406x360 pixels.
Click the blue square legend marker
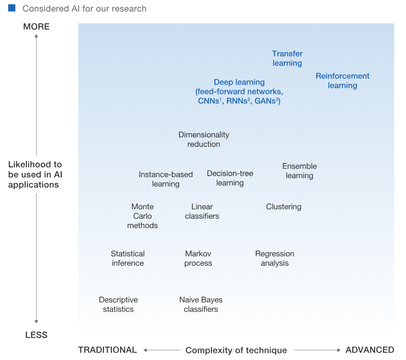click(12, 8)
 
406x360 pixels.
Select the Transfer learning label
click(287, 59)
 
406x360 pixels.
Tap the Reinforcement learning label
click(342, 80)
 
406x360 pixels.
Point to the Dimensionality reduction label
click(204, 139)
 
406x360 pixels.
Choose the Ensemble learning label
click(299, 170)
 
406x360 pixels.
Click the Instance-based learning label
click(166, 179)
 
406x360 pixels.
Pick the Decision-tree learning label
click(230, 178)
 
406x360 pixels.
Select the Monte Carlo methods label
click(142, 216)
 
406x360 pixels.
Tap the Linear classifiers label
click(202, 211)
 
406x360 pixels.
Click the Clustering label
click(284, 207)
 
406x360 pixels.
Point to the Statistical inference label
click(128, 258)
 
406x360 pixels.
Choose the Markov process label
click(198, 258)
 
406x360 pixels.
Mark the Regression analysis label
click(275, 258)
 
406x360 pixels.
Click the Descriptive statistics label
click(118, 304)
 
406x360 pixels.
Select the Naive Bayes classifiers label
click(201, 304)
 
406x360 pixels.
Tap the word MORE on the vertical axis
click(36, 27)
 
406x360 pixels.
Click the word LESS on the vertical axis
click(36, 335)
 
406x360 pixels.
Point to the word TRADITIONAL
click(107, 350)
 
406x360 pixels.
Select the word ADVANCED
click(370, 350)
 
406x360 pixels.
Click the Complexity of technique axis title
click(236, 350)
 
